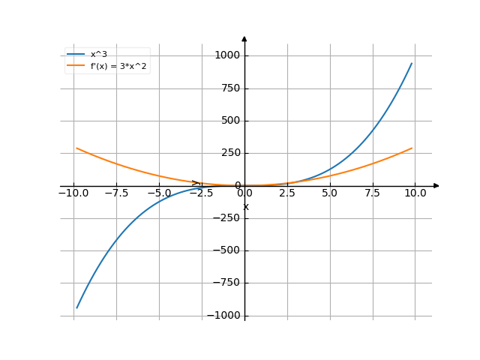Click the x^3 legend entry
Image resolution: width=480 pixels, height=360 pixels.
(x=99, y=54)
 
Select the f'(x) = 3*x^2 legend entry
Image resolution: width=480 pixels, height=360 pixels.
(x=120, y=66)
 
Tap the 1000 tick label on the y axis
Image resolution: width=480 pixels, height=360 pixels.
(x=226, y=55)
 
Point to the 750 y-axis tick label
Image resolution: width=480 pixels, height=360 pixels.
(x=229, y=88)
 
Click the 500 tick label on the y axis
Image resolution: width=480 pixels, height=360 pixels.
(x=229, y=121)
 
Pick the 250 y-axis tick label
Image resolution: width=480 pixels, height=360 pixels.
(x=229, y=153)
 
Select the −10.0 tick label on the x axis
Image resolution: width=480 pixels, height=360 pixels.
(x=73, y=193)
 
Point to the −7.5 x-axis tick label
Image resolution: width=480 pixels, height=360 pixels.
(x=116, y=193)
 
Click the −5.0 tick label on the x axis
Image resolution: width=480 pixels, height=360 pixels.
(x=159, y=193)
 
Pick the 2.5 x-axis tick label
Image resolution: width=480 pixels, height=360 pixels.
(x=287, y=193)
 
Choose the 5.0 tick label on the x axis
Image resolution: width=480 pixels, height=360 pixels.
(x=330, y=193)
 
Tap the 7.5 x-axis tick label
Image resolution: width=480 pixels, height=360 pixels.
(x=373, y=193)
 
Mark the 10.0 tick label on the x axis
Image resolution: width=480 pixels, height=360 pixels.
(x=415, y=193)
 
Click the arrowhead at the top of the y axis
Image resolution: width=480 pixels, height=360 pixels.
(x=244, y=38)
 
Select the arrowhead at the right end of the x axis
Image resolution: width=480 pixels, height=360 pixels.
(x=436, y=185)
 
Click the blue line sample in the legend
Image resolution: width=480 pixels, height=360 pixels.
(x=76, y=54)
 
